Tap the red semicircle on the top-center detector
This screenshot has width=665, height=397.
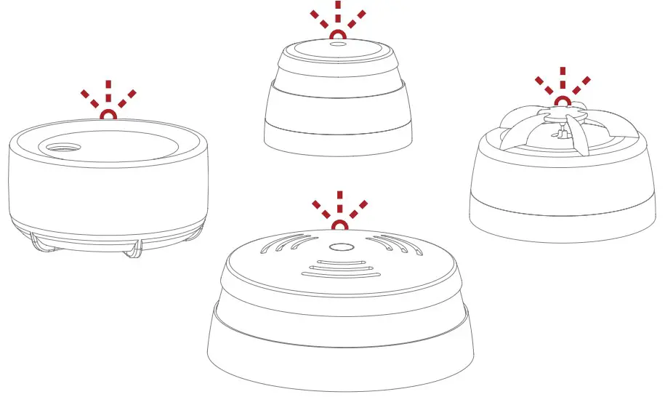click(339, 34)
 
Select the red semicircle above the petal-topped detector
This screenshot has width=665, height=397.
click(562, 100)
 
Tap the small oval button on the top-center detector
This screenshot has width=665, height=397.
click(339, 44)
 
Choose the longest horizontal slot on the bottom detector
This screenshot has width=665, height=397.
click(339, 276)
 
